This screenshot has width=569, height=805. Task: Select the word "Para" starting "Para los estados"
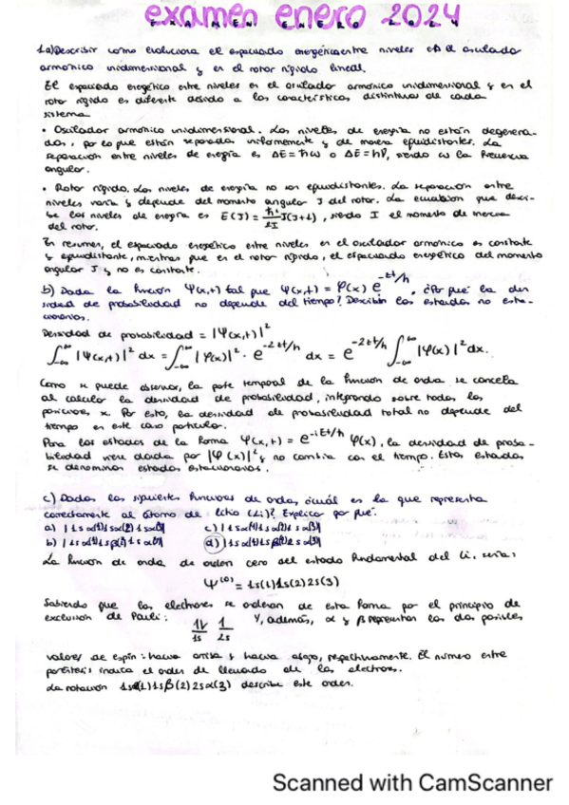(54, 442)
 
